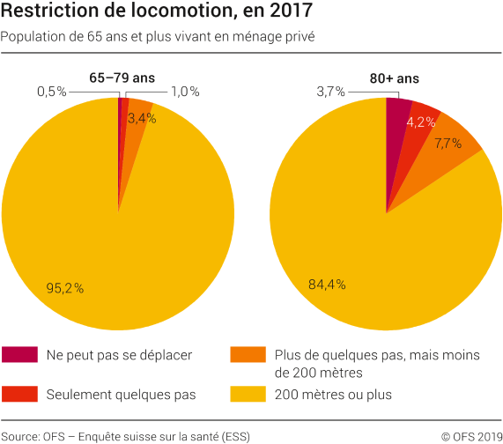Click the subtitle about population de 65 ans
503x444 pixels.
coord(158,37)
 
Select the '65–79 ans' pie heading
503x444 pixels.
coord(122,78)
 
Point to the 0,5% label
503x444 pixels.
coord(52,91)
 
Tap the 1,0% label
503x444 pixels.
coord(185,91)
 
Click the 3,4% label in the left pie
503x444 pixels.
coord(142,117)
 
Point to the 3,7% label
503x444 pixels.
coord(332,91)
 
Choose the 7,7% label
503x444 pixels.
coord(448,143)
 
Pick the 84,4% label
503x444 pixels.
coord(327,284)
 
